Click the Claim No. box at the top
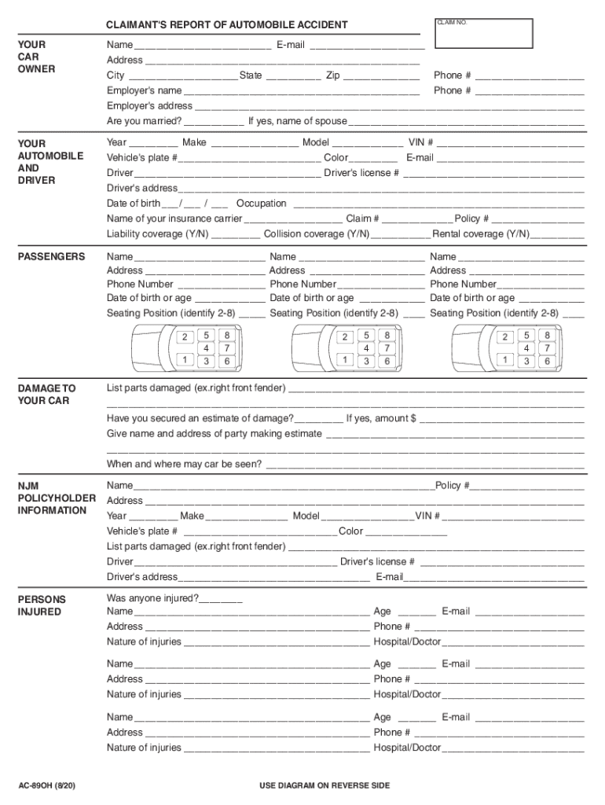(x=483, y=33)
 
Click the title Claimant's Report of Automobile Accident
(x=227, y=25)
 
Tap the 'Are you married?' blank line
(x=214, y=122)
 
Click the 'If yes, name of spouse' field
(x=466, y=122)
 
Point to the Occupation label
(x=262, y=204)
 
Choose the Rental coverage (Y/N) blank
(x=559, y=234)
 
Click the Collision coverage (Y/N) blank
(x=401, y=234)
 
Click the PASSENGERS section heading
(x=51, y=257)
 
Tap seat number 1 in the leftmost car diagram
(x=185, y=359)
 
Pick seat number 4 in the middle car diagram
(x=366, y=347)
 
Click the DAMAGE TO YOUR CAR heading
(x=47, y=395)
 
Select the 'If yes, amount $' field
(x=503, y=419)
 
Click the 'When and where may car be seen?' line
(x=424, y=465)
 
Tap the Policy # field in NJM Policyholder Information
(x=527, y=486)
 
